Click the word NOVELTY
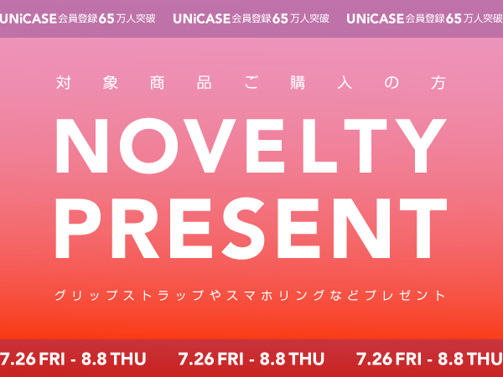tap(251, 146)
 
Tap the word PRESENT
tap(251, 228)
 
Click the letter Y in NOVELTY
tap(420, 146)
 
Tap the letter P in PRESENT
tap(78, 228)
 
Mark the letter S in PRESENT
tap(243, 228)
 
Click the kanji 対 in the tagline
tap(63, 83)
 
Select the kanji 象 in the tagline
tap(111, 83)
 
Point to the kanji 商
tap(158, 83)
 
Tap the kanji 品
tap(205, 83)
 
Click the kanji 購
tap(298, 83)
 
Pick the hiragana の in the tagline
tap(392, 83)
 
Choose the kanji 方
tap(438, 83)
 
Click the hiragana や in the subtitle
tap(216, 295)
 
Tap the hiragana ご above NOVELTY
tap(251, 83)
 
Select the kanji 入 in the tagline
tap(345, 83)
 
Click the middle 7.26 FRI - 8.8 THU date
tap(251, 359)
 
